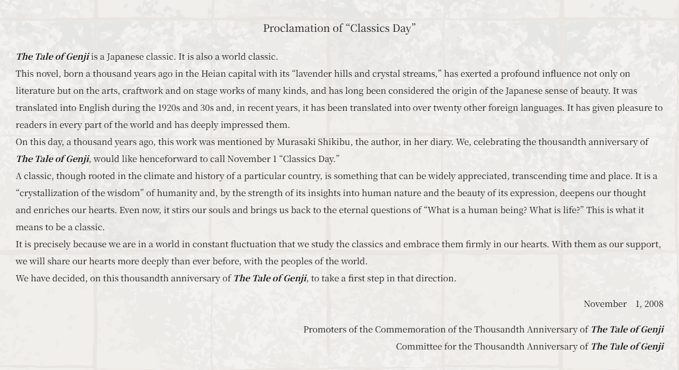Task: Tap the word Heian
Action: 214,74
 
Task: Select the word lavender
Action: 314,74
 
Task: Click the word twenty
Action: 448,108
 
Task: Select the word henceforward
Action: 173,159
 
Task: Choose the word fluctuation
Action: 253,244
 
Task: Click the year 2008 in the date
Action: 653,304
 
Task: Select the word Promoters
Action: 324,330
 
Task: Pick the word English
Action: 94,108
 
